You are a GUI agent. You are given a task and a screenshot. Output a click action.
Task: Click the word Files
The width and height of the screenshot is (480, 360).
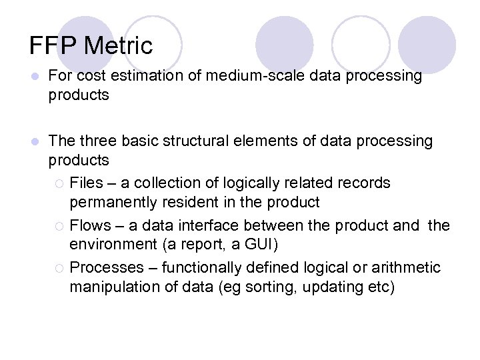coord(86,183)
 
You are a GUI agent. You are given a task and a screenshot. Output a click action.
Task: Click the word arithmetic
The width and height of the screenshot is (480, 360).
coord(407,268)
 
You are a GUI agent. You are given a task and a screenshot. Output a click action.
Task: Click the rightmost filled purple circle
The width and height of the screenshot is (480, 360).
coord(427,45)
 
